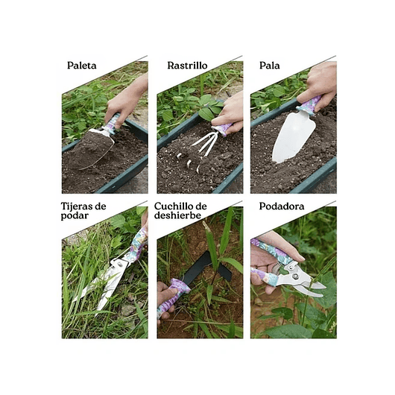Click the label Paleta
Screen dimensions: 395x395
(81, 65)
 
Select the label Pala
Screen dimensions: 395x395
(270, 65)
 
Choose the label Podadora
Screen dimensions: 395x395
(282, 206)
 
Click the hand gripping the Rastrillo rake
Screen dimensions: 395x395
(230, 112)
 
